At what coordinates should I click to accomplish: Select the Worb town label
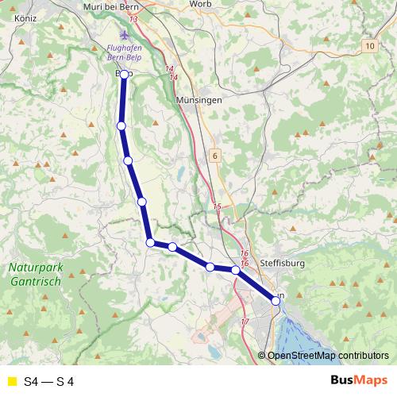point(200,4)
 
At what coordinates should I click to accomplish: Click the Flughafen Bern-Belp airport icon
point(123,35)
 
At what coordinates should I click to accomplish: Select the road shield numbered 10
point(371,48)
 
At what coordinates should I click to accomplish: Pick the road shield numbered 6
point(214,156)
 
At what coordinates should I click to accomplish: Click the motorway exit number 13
point(132,18)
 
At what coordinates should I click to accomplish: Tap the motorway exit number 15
point(217,206)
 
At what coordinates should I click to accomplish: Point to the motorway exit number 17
point(244,322)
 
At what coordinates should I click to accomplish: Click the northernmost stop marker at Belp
point(124,74)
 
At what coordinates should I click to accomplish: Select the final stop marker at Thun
point(276,300)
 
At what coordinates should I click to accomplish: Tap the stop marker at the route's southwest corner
point(149,242)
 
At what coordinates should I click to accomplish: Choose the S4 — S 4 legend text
point(49,382)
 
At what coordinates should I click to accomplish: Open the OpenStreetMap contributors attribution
point(327,355)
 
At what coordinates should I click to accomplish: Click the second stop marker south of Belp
point(128,160)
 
